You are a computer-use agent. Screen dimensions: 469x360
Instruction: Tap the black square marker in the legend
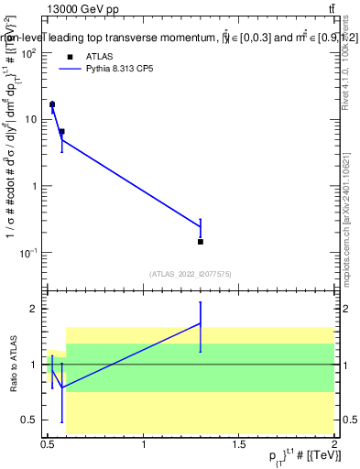click(x=70, y=55)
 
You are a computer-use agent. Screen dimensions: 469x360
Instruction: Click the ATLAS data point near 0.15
click(x=200, y=242)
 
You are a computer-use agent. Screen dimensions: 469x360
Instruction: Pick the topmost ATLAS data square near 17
click(x=52, y=104)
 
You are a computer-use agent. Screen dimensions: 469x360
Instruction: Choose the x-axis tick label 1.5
click(x=238, y=445)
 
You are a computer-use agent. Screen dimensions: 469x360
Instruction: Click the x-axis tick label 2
click(x=333, y=445)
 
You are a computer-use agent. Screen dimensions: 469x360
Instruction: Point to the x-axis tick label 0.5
click(x=48, y=445)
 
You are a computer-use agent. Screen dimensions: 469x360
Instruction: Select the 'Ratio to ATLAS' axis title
click(x=12, y=364)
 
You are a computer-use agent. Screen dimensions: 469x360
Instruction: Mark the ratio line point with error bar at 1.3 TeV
click(x=200, y=323)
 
